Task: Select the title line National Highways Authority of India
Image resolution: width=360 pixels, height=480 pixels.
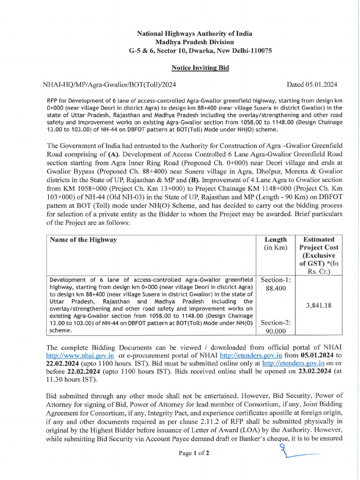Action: pos(194,33)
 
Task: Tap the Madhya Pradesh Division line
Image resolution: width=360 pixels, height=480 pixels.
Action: pos(194,42)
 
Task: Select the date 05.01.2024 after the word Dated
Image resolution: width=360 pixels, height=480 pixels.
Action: pos(318,85)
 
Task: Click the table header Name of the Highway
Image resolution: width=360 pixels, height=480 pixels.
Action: pos(83,240)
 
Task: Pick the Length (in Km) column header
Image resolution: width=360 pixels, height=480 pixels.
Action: pos(276,244)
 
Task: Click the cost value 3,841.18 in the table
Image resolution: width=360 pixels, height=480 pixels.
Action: pos(319,305)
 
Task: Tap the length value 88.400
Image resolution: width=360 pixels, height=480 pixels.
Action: pos(276,288)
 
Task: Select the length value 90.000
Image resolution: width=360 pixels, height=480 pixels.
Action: pos(276,330)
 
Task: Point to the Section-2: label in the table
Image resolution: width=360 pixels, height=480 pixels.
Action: pos(276,322)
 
